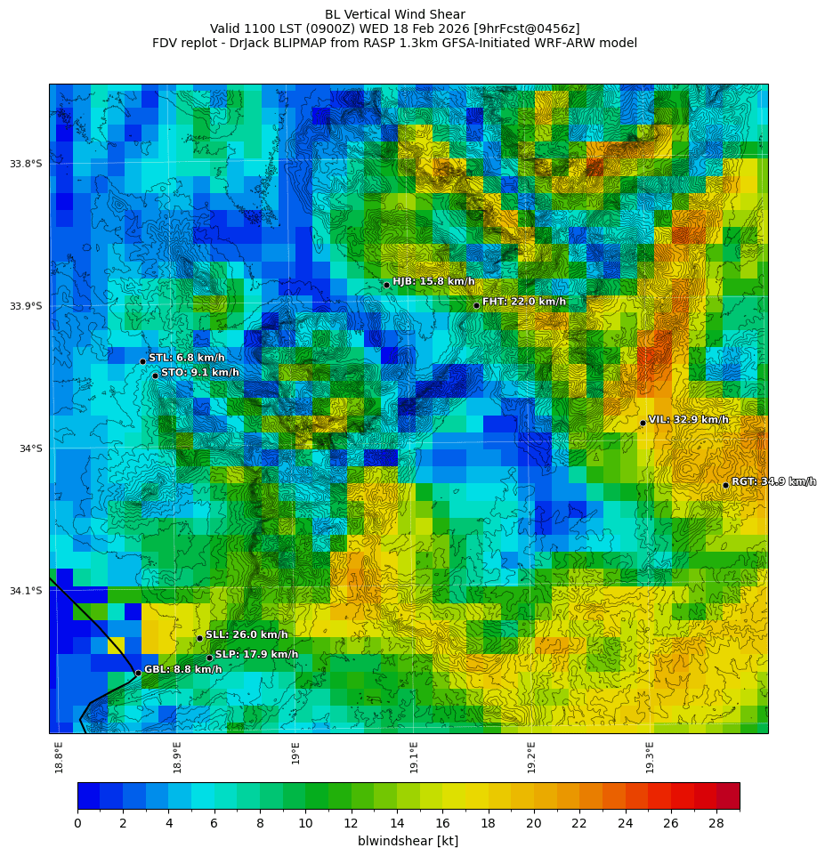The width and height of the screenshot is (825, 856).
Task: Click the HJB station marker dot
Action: [x=386, y=285]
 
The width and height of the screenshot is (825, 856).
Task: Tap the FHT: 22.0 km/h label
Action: [x=523, y=302]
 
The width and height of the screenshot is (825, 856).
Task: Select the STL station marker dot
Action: [x=142, y=361]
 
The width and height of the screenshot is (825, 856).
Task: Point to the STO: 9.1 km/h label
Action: [x=199, y=373]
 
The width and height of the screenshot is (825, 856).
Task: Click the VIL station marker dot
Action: [x=643, y=423]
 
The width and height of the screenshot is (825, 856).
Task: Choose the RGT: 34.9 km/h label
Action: [x=773, y=481]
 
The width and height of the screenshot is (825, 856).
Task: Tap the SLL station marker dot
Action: [x=199, y=638]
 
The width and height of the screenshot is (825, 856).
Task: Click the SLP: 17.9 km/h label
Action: [x=256, y=654]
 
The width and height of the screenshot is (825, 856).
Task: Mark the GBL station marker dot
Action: [x=138, y=673]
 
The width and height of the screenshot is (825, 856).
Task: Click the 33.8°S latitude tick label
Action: [x=26, y=164]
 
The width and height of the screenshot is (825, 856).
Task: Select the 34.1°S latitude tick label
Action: [x=26, y=591]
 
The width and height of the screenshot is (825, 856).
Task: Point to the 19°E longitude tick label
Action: [x=295, y=753]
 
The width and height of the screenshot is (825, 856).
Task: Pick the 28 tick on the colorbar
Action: [x=716, y=823]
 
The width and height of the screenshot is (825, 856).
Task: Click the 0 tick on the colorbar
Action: [x=77, y=823]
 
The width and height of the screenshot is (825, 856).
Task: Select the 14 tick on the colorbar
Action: [x=397, y=823]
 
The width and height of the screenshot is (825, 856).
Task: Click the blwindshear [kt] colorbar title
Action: [x=408, y=841]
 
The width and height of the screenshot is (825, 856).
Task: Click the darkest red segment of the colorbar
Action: [x=728, y=795]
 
